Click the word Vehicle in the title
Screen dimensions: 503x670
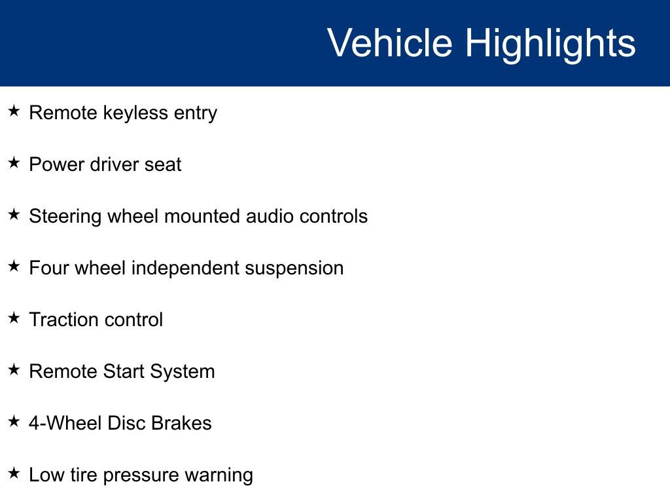coord(389,43)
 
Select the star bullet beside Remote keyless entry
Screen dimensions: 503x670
coord(14,111)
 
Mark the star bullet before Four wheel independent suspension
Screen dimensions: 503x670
coord(14,267)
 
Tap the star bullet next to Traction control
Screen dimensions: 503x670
coord(14,318)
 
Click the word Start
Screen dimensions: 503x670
coord(124,371)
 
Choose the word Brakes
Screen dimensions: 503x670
coord(181,423)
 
